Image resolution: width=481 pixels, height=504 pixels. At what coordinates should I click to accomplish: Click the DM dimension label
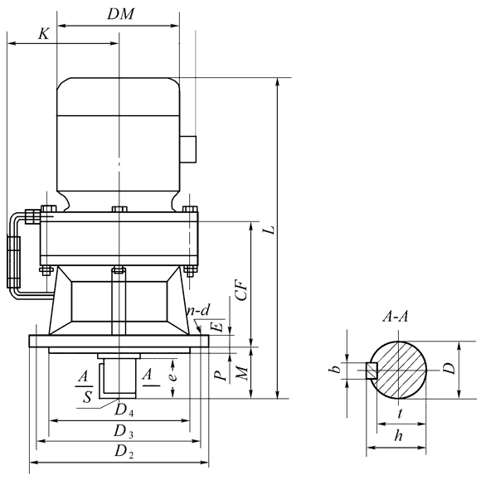(x=120, y=14)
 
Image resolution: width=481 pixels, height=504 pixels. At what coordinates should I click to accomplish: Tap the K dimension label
(x=44, y=33)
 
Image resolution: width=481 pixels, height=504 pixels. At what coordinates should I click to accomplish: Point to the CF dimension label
(x=242, y=289)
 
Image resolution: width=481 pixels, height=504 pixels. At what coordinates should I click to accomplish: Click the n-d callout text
(x=199, y=310)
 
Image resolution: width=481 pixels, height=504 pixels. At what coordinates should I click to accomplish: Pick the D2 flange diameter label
(x=124, y=451)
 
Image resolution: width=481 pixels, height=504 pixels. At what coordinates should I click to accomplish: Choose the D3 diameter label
(x=123, y=431)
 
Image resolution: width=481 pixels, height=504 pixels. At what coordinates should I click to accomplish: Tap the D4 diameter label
(x=124, y=410)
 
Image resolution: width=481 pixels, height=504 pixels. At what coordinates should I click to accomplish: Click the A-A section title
(x=395, y=317)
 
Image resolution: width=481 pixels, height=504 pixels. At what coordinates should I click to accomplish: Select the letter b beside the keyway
(x=335, y=369)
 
